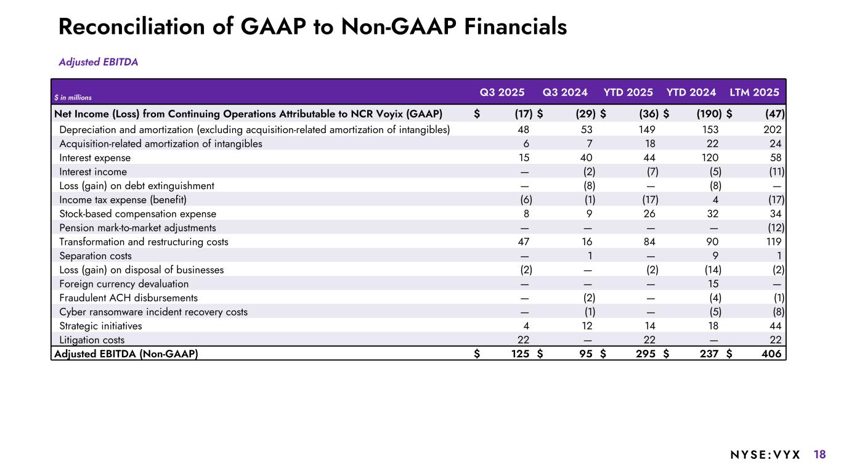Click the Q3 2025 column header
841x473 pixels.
click(502, 92)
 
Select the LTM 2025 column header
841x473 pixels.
click(754, 92)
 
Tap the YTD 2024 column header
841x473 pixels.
click(691, 92)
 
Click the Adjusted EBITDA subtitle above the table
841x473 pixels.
click(98, 62)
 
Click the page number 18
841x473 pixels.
click(819, 455)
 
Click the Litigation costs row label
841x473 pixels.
click(92, 339)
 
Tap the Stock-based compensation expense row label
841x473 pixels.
click(137, 214)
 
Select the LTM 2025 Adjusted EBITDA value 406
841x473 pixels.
click(771, 354)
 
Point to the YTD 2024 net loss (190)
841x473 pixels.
click(707, 113)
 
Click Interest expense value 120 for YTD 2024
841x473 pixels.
click(709, 158)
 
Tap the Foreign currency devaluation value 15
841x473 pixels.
click(712, 284)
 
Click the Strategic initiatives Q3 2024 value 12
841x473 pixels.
click(587, 326)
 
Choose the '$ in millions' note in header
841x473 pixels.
click(73, 97)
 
